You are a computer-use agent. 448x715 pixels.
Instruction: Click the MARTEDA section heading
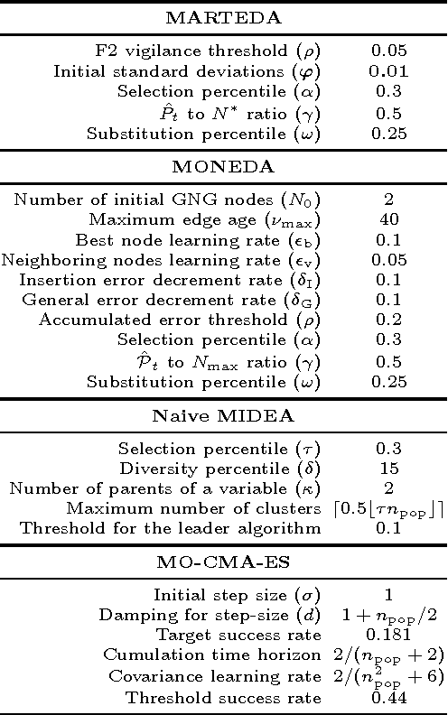[224, 17]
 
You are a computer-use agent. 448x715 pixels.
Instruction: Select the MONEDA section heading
[224, 167]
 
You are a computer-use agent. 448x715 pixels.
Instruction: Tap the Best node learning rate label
[199, 240]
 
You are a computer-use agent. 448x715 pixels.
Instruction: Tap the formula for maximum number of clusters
[387, 509]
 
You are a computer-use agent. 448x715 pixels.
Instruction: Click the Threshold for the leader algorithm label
[172, 528]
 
